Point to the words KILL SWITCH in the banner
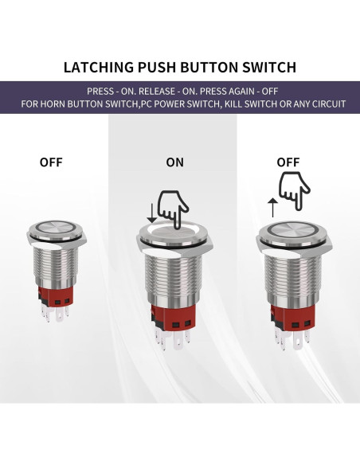pyautogui.click(x=253, y=104)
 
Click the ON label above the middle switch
pyautogui.click(x=174, y=162)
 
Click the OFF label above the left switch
pyautogui.click(x=52, y=162)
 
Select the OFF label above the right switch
pyautogui.click(x=288, y=162)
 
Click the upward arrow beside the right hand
pyautogui.click(x=272, y=209)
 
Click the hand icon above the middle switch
pyautogui.click(x=173, y=206)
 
